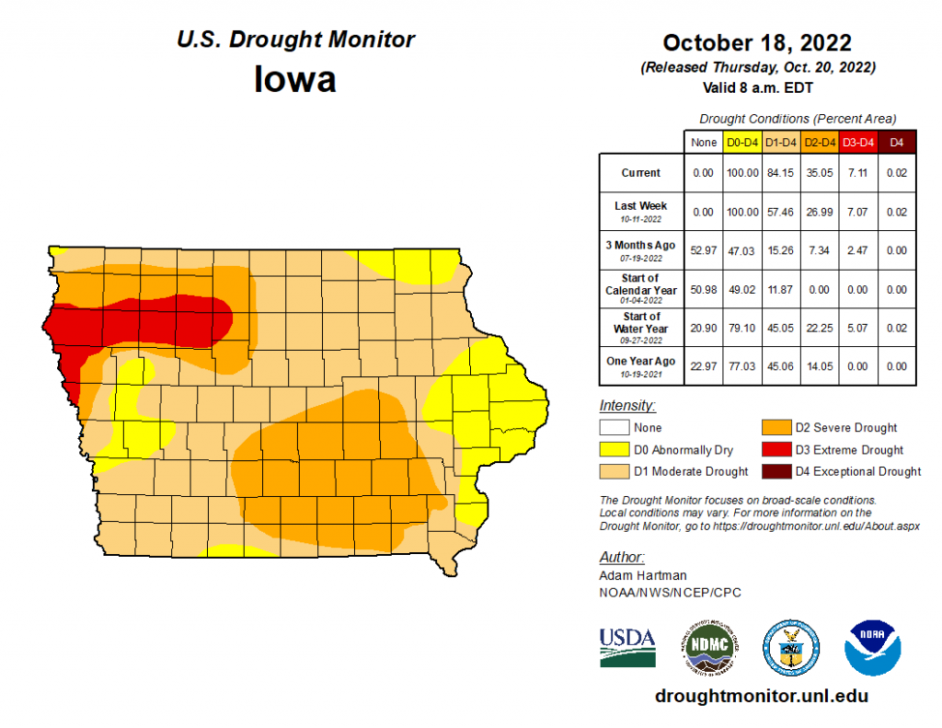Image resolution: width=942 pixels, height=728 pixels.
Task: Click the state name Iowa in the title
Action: tap(295, 79)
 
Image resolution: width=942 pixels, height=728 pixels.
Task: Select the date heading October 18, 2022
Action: tap(757, 43)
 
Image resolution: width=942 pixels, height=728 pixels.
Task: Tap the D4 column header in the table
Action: tap(897, 142)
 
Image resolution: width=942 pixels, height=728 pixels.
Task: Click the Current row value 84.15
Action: tap(780, 173)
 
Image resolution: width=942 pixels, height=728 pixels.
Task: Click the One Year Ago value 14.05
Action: tap(819, 366)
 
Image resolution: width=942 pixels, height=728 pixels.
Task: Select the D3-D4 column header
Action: tap(857, 142)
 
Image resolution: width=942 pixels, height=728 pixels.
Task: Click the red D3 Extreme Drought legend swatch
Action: tap(775, 450)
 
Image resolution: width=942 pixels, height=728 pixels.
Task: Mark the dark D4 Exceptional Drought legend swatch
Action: tap(775, 471)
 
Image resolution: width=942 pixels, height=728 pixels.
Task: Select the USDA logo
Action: tap(627, 647)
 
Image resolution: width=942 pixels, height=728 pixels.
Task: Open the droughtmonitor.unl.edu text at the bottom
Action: tap(761, 696)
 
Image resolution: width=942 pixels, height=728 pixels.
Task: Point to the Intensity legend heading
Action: tap(626, 406)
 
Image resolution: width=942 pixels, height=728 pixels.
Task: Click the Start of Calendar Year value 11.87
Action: tap(780, 289)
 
